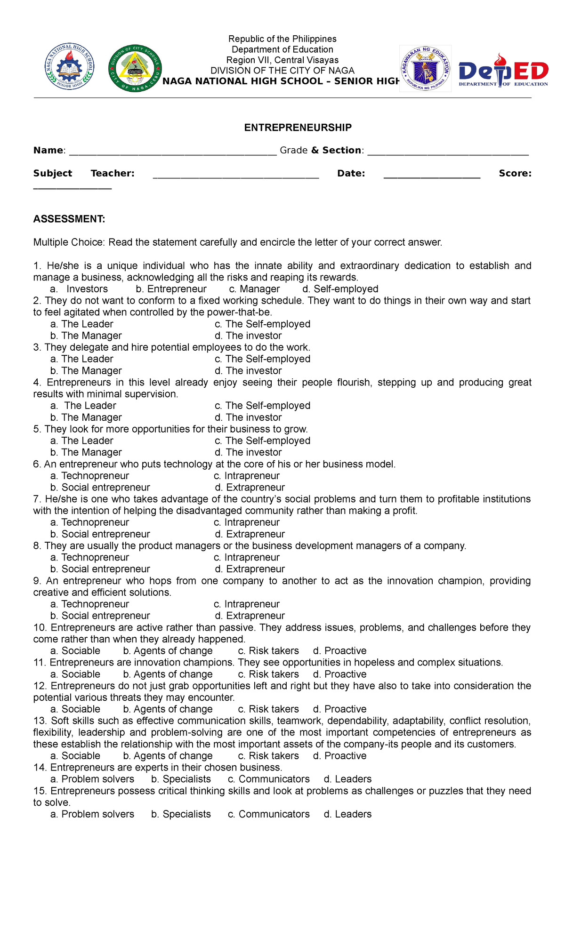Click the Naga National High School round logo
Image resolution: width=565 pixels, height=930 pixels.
[70, 67]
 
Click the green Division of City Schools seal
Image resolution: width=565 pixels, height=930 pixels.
[135, 69]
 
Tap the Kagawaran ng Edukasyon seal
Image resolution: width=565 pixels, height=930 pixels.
[425, 69]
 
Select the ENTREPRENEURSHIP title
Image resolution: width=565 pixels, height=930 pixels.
[298, 128]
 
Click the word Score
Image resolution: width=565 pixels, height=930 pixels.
[515, 173]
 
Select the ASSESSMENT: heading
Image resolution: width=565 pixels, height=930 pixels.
[69, 219]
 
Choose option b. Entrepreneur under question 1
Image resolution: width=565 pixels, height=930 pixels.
[171, 289]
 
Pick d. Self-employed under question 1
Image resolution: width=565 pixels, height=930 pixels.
[340, 289]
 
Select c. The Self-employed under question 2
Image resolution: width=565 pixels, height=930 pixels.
[262, 324]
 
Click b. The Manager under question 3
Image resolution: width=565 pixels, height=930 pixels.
[86, 371]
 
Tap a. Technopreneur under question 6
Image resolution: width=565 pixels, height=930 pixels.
[89, 476]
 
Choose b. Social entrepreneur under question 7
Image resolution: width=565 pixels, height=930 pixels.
[100, 534]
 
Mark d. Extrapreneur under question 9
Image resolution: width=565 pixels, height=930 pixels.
[250, 616]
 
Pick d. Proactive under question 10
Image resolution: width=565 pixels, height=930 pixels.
[339, 651]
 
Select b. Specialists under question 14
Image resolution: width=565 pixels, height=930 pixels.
[181, 779]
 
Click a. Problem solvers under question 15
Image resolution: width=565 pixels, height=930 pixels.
[92, 814]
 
